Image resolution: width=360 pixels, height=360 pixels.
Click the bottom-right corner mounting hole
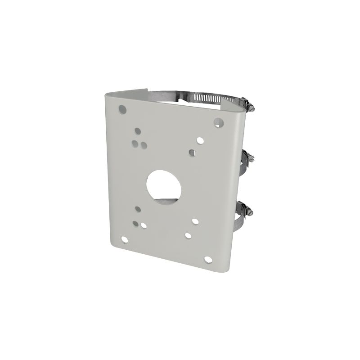(x=208, y=259)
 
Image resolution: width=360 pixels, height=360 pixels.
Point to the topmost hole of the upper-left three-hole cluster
(x=138, y=131)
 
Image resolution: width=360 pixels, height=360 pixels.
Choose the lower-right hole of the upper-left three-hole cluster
(x=144, y=145)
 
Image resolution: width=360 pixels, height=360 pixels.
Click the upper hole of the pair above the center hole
(x=196, y=139)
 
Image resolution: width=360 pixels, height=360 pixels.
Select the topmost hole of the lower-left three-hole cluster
(x=137, y=209)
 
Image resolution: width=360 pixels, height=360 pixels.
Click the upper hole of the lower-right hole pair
(x=195, y=221)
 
